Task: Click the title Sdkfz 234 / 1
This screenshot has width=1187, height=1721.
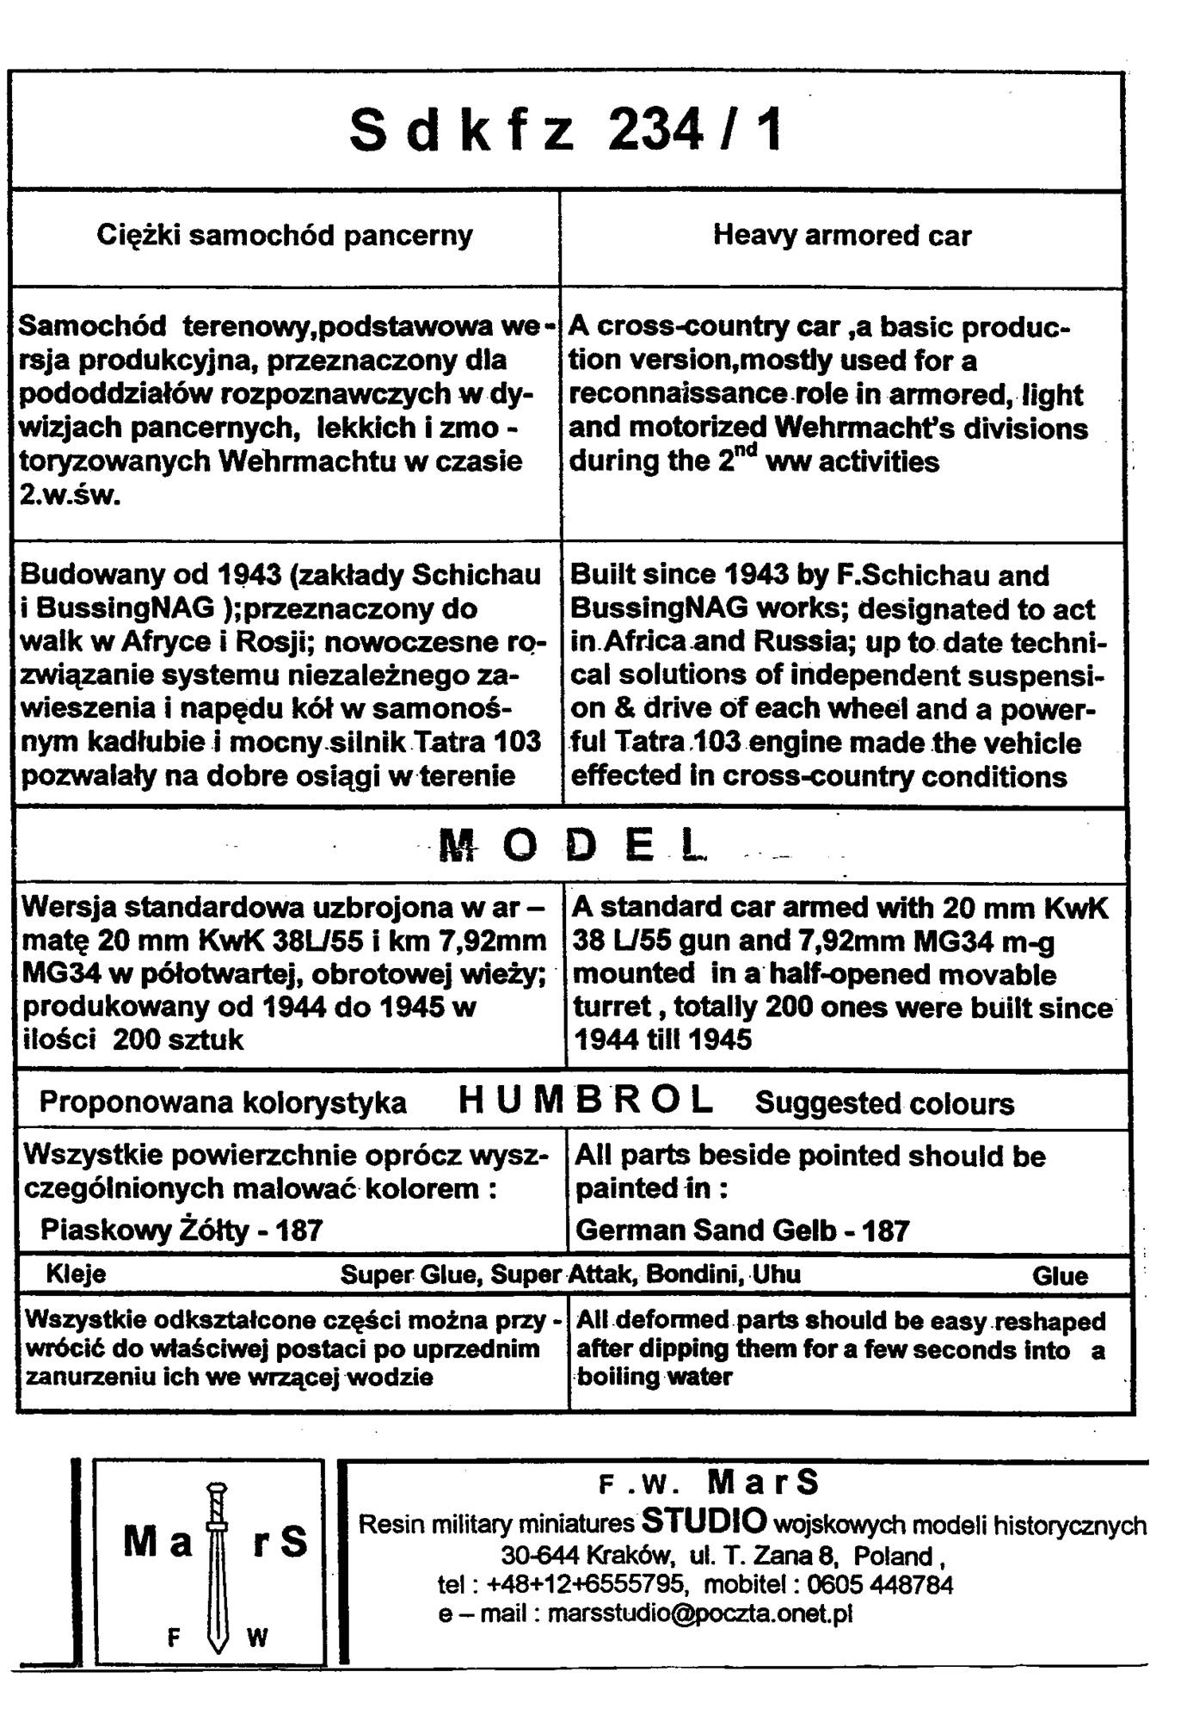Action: pos(566,131)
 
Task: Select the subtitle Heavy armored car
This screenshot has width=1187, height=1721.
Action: pos(841,235)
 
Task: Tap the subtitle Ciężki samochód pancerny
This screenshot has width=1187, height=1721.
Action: pos(285,235)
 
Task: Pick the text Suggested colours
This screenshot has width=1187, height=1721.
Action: pos(884,1103)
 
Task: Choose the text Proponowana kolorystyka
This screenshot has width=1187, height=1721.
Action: pos(223,1102)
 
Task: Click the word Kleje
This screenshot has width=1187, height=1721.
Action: pos(76,1274)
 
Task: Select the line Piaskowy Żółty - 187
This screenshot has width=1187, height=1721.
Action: pos(181,1230)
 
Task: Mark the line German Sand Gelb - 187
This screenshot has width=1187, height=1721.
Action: pos(741,1230)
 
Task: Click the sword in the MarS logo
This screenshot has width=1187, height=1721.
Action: pos(218,1567)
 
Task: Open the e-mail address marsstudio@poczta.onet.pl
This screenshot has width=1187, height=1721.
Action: pos(699,1613)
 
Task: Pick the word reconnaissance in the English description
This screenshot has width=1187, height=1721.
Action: pos(678,394)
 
